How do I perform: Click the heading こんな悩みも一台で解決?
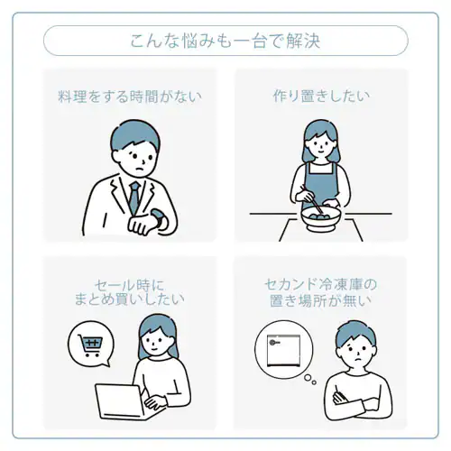point(225,41)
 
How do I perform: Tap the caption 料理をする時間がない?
point(130,97)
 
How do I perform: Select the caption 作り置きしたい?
point(321,97)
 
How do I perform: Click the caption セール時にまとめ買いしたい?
point(129,292)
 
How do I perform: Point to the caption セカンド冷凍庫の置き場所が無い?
point(321,293)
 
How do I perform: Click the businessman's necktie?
point(134,198)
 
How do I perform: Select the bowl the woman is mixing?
point(321,218)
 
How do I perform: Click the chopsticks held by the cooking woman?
point(312,199)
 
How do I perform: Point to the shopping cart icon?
point(90,345)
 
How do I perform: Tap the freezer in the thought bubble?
point(283,350)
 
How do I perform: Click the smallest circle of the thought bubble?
point(314,382)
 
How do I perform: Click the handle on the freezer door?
point(275,343)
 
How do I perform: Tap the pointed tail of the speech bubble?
point(106,364)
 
